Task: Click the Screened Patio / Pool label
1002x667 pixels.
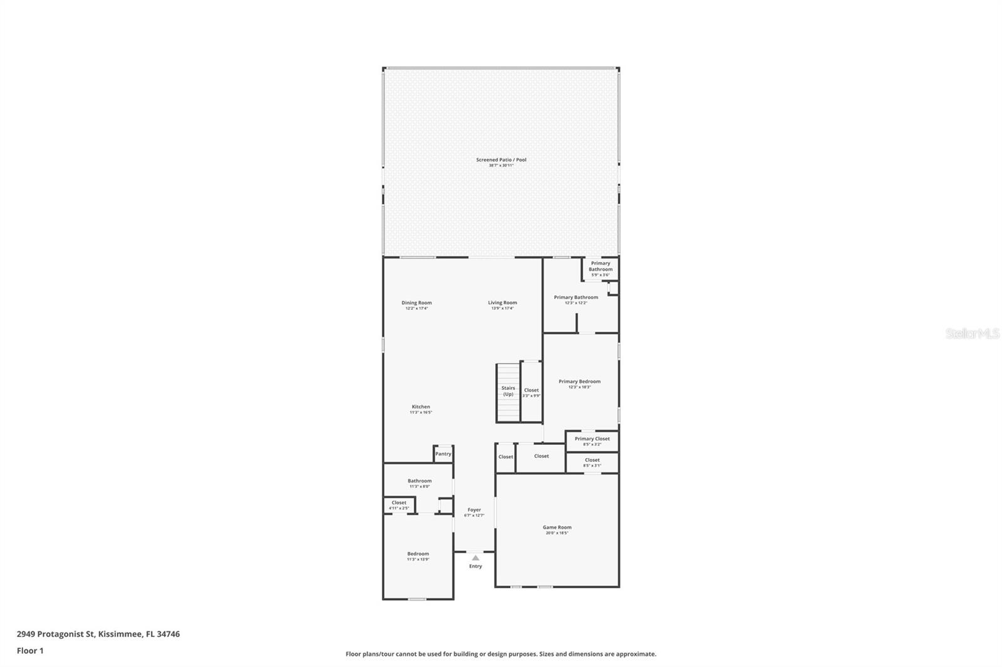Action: point(501,160)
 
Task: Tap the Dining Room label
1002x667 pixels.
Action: point(416,303)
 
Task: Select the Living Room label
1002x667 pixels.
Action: point(502,303)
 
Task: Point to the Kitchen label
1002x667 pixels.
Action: point(421,407)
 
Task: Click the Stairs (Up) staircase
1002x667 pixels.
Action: point(508,392)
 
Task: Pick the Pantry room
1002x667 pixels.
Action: point(443,454)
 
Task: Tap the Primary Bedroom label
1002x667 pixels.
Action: point(579,382)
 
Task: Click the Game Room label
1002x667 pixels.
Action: point(557,527)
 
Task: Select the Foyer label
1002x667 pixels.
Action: point(474,510)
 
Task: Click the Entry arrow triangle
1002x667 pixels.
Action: point(475,558)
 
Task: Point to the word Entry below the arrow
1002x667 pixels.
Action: point(475,566)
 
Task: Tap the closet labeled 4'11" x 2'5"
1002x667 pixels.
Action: point(399,504)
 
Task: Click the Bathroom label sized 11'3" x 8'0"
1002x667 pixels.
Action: point(420,481)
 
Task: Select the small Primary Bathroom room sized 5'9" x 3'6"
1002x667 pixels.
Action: point(600,268)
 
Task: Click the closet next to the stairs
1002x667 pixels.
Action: point(531,392)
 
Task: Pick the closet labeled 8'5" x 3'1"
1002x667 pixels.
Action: point(592,462)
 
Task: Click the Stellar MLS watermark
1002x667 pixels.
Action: point(972,334)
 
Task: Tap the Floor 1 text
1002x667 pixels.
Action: point(30,651)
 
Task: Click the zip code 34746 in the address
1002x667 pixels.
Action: point(168,634)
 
